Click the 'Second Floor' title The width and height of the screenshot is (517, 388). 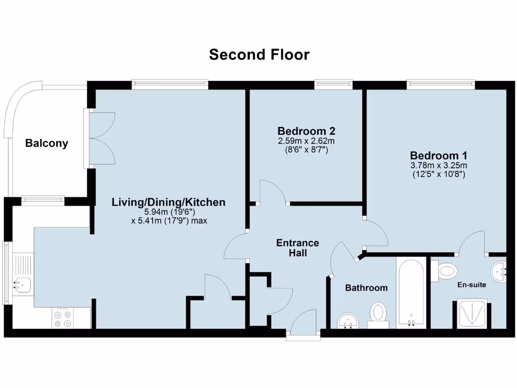259,55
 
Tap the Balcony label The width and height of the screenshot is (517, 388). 46,143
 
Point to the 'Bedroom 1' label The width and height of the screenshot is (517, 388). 438,156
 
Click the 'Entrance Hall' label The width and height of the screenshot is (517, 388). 298,248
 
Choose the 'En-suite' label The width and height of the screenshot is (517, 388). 472,285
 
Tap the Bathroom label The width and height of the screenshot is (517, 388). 366,288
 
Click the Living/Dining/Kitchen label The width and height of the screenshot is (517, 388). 168,203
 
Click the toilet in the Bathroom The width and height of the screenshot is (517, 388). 378,312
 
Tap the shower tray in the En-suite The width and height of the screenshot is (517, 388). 473,313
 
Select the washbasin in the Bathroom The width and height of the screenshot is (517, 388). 347,320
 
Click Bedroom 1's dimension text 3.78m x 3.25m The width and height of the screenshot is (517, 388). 438,165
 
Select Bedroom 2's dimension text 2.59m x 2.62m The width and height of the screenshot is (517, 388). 306,140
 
